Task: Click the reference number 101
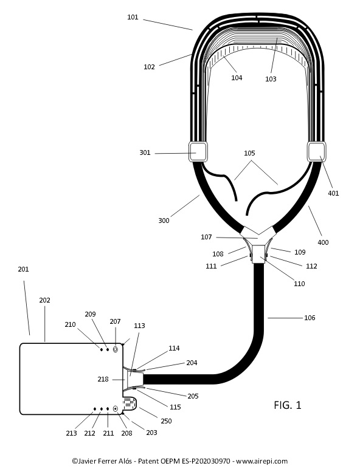(133, 17)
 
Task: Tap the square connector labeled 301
(198, 152)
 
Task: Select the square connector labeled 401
(317, 152)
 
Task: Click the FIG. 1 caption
(288, 405)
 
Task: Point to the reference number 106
(310, 318)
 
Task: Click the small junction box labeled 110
(259, 254)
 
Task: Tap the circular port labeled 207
(116, 349)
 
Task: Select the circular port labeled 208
(116, 409)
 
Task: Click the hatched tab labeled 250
(130, 403)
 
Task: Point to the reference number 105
(249, 153)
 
